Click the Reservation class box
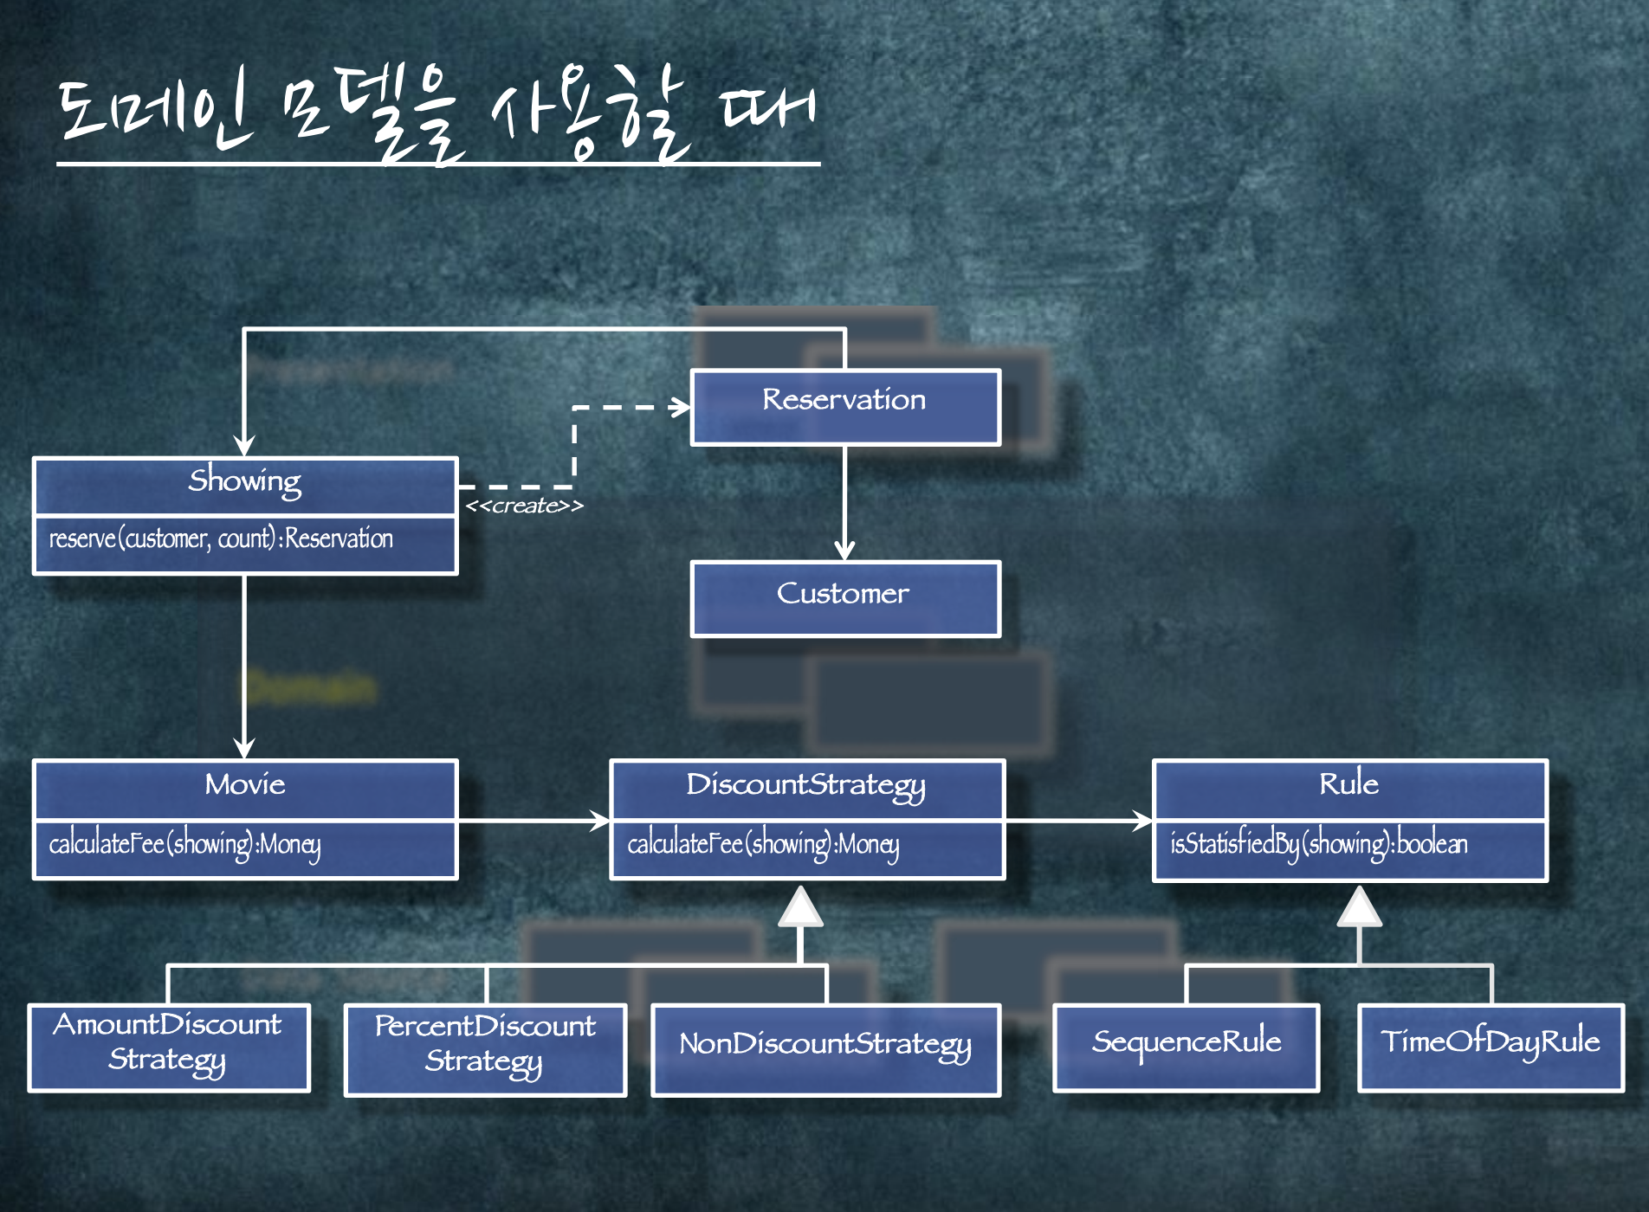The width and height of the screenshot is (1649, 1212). coord(845,407)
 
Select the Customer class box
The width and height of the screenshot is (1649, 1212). coord(845,598)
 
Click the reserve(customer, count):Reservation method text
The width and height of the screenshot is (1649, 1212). coord(221,539)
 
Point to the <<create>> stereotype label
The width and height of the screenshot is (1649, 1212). coord(524,506)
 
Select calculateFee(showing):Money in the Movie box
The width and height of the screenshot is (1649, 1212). coord(184,844)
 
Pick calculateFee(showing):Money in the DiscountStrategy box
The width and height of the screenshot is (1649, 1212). coord(763,844)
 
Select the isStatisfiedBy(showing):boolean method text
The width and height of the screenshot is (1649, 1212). coord(1318,844)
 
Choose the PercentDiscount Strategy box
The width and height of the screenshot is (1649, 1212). coord(485,1048)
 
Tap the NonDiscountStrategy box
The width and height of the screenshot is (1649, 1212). coord(825,1048)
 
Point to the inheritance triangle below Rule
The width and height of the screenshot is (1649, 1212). coord(1359,907)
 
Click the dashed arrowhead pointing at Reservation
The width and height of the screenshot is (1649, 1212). coord(680,407)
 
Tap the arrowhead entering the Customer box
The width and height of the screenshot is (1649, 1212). coord(844,551)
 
